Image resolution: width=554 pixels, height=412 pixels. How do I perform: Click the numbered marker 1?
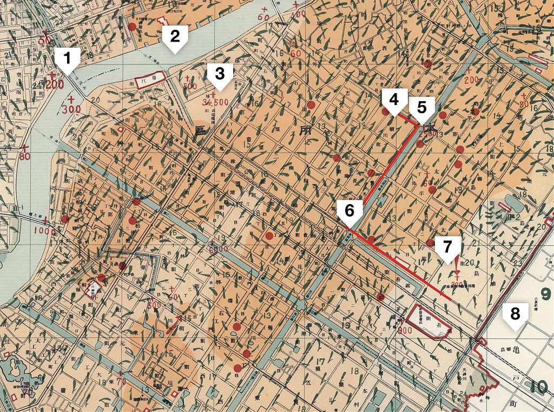click(67, 58)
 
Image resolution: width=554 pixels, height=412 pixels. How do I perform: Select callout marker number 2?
click(174, 37)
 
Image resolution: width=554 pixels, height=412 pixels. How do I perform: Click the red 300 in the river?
click(71, 109)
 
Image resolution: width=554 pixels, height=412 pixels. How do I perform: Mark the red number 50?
click(45, 40)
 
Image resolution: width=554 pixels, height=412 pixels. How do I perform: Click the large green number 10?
click(539, 387)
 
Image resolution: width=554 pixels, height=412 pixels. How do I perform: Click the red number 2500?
click(428, 135)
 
